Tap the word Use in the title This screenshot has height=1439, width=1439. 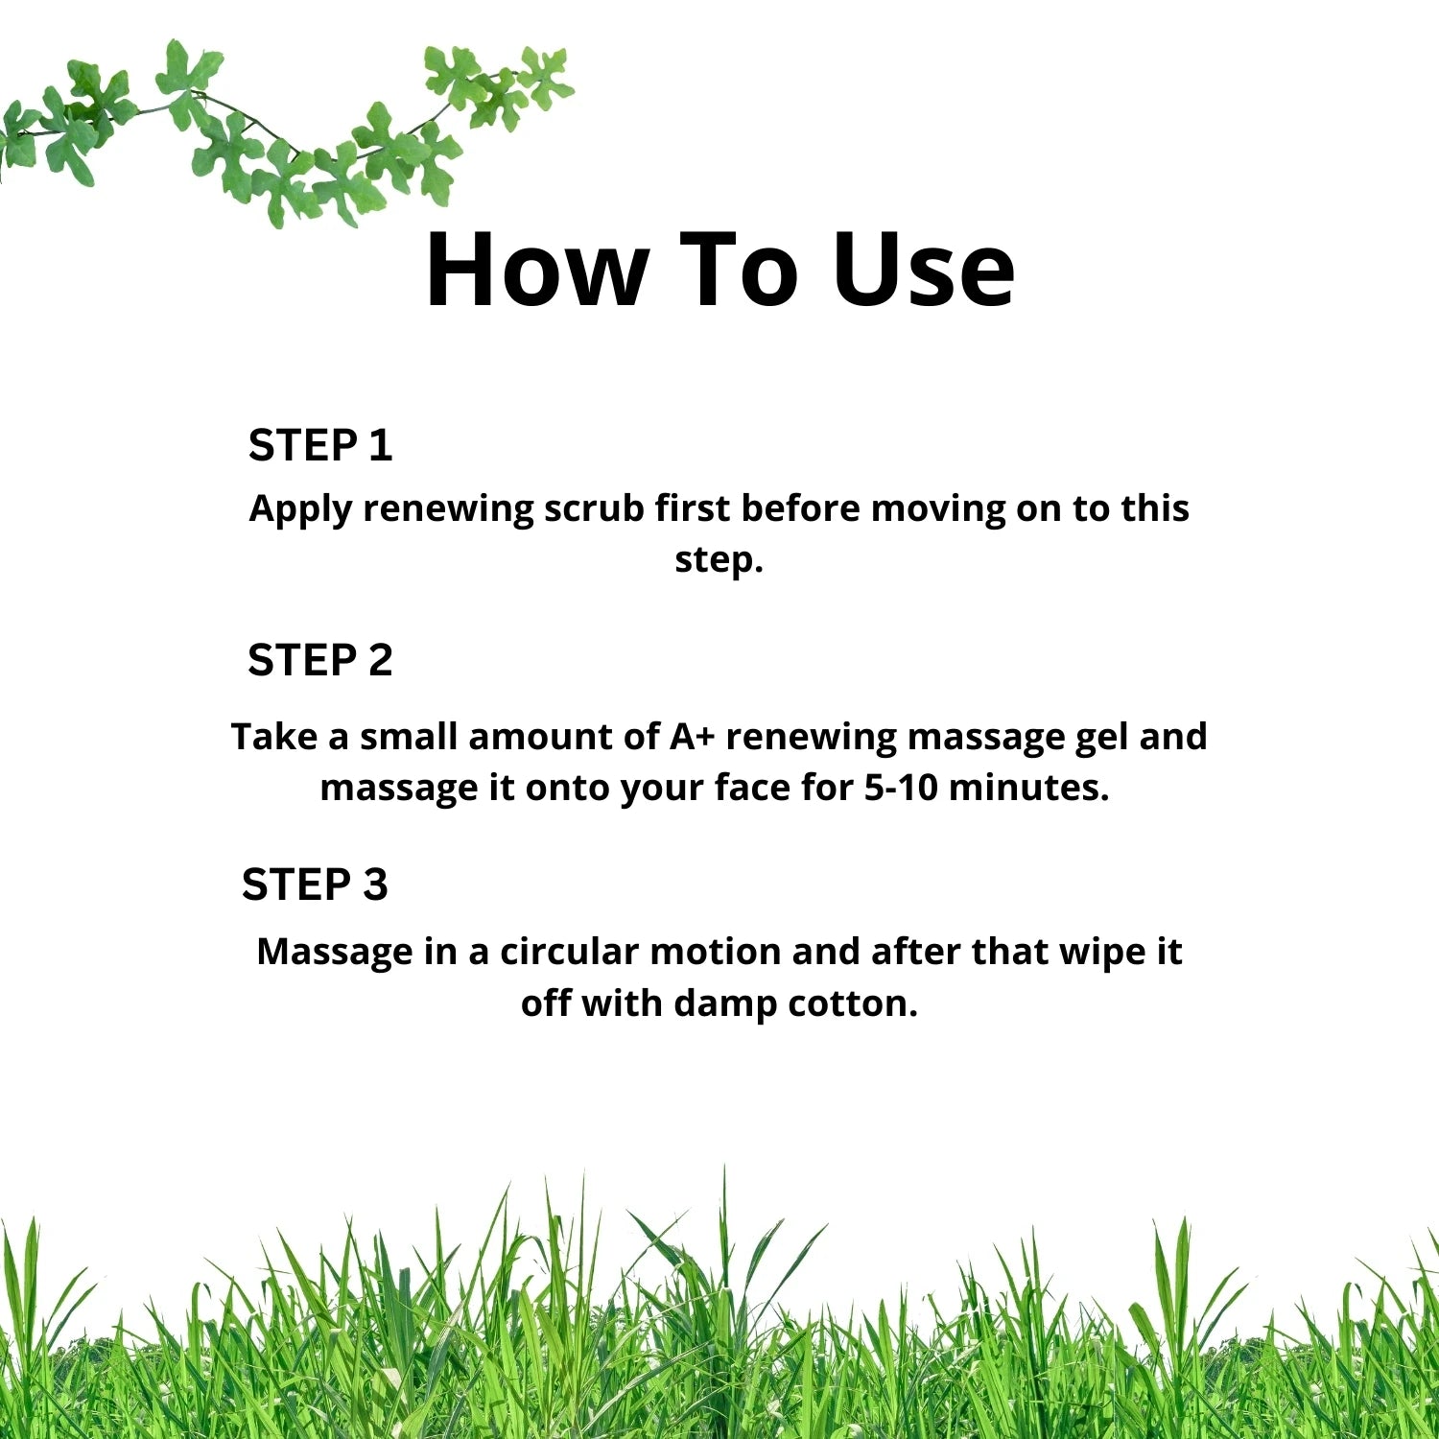click(923, 271)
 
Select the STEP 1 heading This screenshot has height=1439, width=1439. click(320, 445)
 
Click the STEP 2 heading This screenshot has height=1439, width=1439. click(320, 660)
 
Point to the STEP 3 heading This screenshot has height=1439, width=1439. click(315, 885)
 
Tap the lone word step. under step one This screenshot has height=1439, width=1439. click(719, 559)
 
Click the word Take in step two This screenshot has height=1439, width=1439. click(274, 737)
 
